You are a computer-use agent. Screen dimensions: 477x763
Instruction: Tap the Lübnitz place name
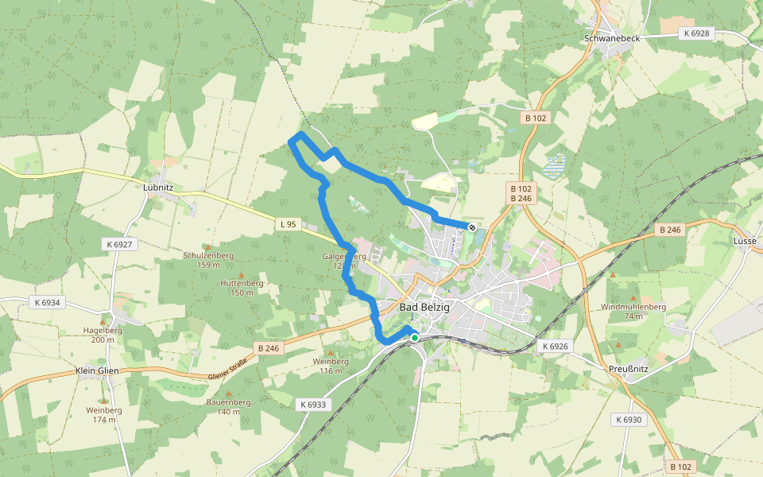pos(158,188)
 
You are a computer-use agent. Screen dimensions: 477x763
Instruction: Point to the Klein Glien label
pos(97,370)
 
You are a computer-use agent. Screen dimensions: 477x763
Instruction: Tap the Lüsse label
pos(745,240)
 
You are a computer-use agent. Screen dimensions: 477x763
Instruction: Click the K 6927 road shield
pos(118,244)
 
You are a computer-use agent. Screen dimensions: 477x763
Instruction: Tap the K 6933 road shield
pos(313,405)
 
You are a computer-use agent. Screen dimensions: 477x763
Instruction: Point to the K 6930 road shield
pos(628,419)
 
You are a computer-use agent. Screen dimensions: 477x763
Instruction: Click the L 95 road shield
pos(288,224)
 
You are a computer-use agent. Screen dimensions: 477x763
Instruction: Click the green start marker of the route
pos(414,338)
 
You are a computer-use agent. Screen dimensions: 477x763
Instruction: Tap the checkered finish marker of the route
pos(472,228)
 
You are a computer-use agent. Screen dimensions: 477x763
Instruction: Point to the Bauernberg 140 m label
pos(229,407)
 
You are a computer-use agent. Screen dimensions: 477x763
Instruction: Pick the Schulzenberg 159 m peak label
pos(207,260)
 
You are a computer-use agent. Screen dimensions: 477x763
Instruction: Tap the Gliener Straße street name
pos(227,370)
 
